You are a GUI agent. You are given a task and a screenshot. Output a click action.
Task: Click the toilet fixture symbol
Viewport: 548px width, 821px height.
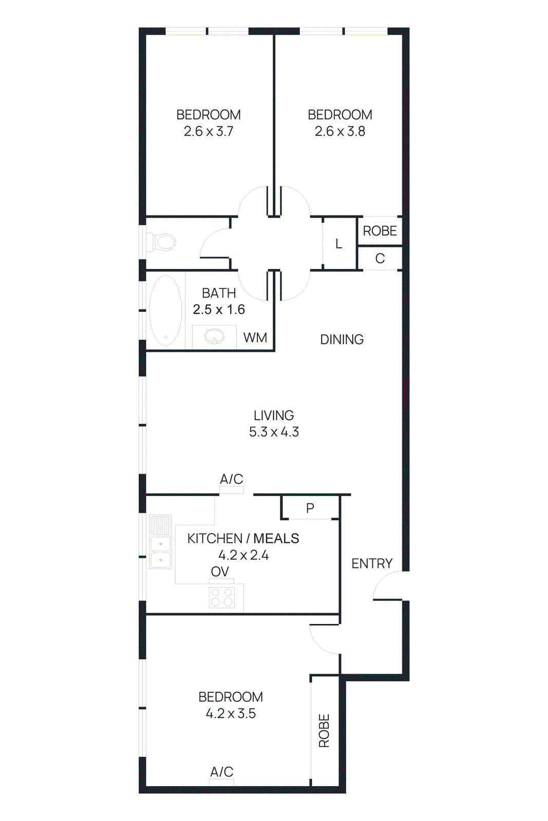coord(164,242)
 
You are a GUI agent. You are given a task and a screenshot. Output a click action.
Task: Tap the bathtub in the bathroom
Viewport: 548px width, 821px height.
coord(165,310)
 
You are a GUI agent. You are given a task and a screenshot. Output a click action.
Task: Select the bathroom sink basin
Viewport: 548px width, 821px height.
coord(214,337)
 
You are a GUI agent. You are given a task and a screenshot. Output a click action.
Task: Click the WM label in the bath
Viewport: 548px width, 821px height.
coord(255,338)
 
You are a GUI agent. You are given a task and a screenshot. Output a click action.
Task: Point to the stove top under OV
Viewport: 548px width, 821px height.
coord(222,597)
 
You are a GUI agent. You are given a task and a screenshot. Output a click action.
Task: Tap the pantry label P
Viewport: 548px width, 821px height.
coord(310,508)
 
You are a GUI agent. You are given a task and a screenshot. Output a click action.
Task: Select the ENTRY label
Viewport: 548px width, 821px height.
coord(372,563)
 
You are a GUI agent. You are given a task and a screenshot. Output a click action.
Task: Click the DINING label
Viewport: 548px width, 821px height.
coord(342,339)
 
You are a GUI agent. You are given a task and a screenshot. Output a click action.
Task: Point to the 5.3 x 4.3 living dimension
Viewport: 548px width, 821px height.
coord(274,432)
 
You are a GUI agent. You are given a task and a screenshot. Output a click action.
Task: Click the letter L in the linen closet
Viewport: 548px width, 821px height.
coord(338,244)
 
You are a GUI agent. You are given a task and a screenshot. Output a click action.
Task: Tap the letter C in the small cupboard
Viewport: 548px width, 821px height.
coord(380,259)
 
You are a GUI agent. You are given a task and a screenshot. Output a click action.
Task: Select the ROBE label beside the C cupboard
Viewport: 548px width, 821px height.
coord(380,231)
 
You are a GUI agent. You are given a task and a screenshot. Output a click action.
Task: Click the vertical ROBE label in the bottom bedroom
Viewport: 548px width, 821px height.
coord(324,730)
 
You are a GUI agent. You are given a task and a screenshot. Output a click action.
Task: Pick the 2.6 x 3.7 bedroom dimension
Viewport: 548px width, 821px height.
coord(209,131)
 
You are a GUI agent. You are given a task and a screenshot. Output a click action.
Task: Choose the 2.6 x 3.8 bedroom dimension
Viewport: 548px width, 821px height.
coord(340,131)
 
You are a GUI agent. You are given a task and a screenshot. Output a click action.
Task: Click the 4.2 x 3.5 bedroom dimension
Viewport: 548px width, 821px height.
coord(231,713)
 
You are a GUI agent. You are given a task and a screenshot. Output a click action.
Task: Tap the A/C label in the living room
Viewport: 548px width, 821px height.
coord(231,479)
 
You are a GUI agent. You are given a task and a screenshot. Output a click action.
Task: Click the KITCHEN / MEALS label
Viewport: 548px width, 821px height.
coord(243,538)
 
